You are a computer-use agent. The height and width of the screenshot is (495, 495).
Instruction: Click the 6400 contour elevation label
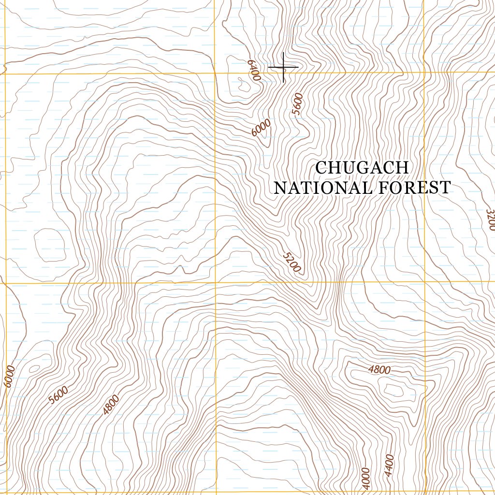[253, 71]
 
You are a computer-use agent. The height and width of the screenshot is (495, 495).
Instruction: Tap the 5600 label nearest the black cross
[298, 104]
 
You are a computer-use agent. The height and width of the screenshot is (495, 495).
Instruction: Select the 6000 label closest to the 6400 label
[261, 128]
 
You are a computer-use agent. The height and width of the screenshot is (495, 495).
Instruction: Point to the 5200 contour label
[291, 262]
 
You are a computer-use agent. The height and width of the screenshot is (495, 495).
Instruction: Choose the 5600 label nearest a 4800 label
[58, 395]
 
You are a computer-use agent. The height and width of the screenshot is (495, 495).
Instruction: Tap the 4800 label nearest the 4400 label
[379, 370]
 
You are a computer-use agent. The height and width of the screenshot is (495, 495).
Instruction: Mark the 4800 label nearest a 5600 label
[111, 405]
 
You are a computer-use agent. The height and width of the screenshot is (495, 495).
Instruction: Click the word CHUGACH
[362, 168]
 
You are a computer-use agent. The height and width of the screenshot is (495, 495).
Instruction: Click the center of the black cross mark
[283, 68]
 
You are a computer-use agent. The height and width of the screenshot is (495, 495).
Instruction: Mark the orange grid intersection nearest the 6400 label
[215, 73]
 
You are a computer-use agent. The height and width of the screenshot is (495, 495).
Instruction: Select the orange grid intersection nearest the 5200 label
[215, 282]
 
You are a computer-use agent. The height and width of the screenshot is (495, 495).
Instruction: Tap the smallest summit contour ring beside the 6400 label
[241, 86]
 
